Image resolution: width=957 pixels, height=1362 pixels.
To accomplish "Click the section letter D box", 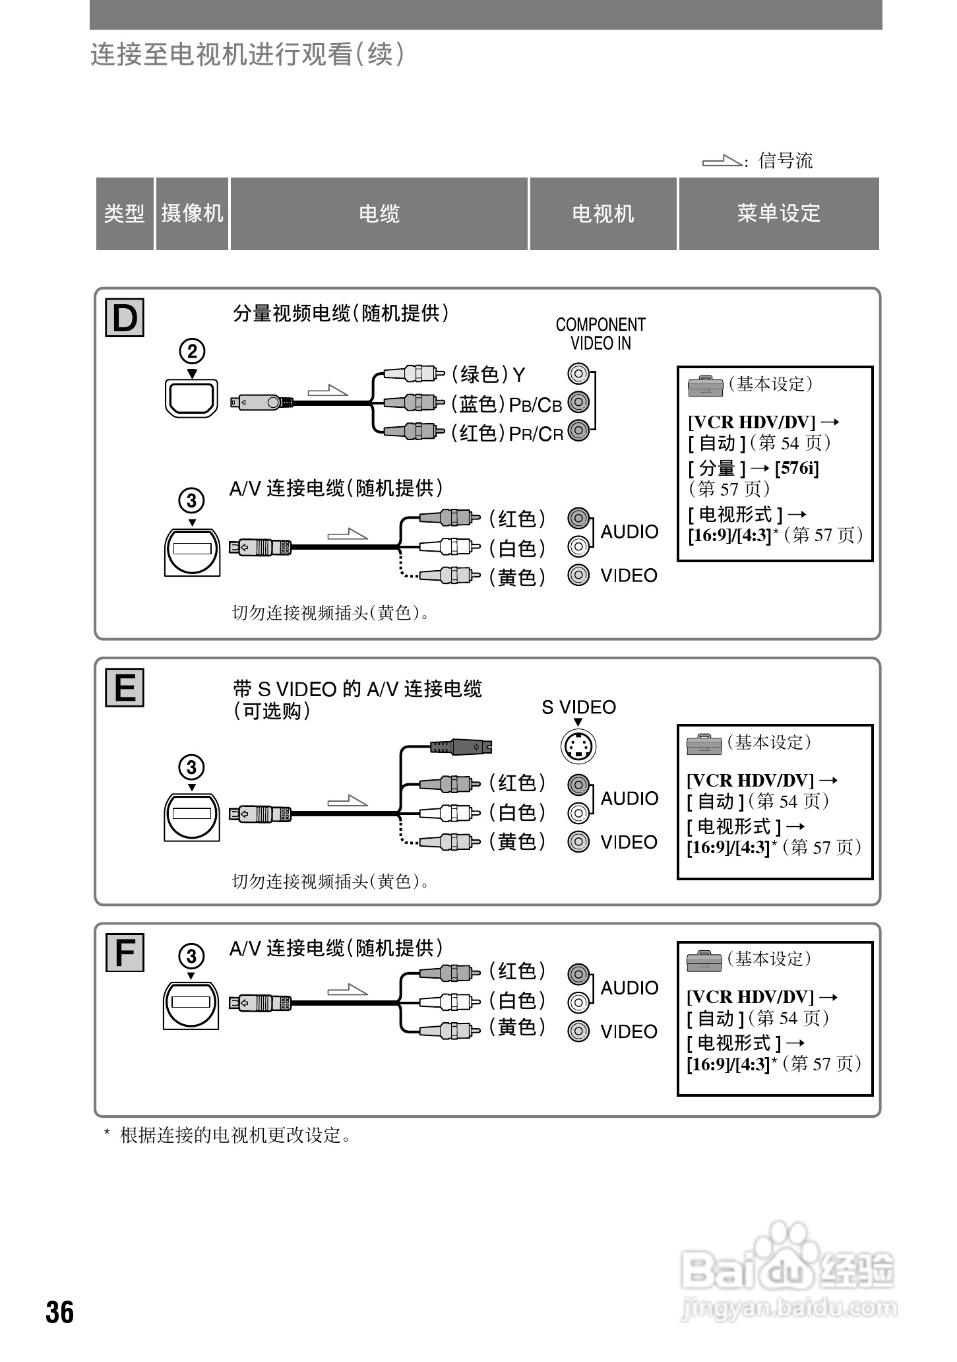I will (x=125, y=318).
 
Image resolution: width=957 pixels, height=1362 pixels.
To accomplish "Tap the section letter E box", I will (x=125, y=688).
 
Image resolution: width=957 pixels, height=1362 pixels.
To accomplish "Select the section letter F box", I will (x=125, y=953).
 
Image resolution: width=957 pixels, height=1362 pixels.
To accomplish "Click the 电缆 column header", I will (x=379, y=214).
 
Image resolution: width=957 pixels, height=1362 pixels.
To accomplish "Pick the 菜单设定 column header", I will (x=778, y=214).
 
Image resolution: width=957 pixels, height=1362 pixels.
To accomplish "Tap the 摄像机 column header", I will (x=192, y=214).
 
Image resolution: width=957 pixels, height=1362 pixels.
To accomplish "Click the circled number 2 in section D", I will (x=192, y=352).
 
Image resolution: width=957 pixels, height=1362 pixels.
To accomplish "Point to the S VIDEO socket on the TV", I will (x=578, y=746).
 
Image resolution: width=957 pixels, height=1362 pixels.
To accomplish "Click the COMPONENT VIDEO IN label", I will (x=600, y=334).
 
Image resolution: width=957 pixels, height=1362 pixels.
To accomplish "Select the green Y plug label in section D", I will (x=488, y=375).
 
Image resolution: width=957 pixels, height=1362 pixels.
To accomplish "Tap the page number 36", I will (x=60, y=1313).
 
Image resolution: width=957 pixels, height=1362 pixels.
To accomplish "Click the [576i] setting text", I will (x=797, y=469).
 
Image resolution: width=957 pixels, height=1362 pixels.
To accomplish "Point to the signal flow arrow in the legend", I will (x=722, y=160).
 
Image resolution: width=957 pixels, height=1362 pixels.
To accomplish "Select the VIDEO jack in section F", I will (x=578, y=1031).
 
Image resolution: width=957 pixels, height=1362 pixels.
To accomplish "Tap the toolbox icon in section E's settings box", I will (x=704, y=744).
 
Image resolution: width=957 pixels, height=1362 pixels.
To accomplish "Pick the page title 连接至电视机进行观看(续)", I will (x=247, y=55).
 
